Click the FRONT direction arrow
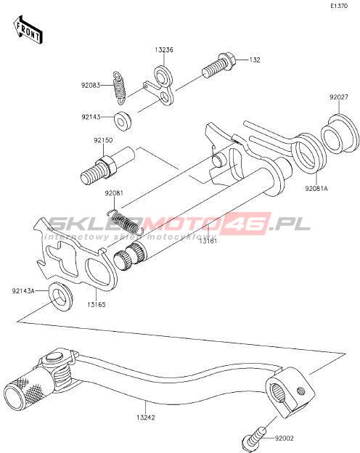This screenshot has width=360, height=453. pos(28,30)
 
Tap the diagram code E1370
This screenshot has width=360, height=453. pos(339,6)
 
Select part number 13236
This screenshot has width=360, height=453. pos(164,49)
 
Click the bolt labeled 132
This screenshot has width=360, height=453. pos(219,65)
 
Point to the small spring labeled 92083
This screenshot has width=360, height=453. pos(119,87)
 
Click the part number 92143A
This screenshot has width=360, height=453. pos(23,290)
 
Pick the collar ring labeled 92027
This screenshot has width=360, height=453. pos(337,134)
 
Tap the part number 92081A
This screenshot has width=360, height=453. pos(316,189)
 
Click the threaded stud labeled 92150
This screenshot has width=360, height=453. pos(107,166)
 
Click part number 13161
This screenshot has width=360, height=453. pos(208,240)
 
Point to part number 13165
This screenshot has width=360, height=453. pos(97,304)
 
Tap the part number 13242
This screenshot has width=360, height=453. pos(146,417)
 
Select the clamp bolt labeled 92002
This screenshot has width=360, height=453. pos(254,440)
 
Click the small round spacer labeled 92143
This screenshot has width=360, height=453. pos(123,121)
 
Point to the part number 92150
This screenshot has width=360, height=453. pos(103,140)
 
